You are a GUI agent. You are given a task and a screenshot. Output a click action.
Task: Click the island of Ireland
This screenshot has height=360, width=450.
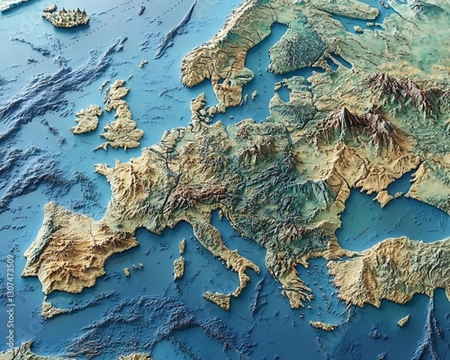coord(87,119)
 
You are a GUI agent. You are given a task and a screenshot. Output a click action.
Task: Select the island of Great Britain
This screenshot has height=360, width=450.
coord(122,124)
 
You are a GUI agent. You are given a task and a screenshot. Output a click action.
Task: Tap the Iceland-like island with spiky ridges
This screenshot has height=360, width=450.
coord(65,16)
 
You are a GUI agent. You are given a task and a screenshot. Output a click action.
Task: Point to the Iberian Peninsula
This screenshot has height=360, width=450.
coord(75,247)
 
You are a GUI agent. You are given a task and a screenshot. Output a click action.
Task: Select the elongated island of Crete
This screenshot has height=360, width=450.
coord(323,325)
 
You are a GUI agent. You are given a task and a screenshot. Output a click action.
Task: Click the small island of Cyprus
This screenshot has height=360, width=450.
coord(403,321)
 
